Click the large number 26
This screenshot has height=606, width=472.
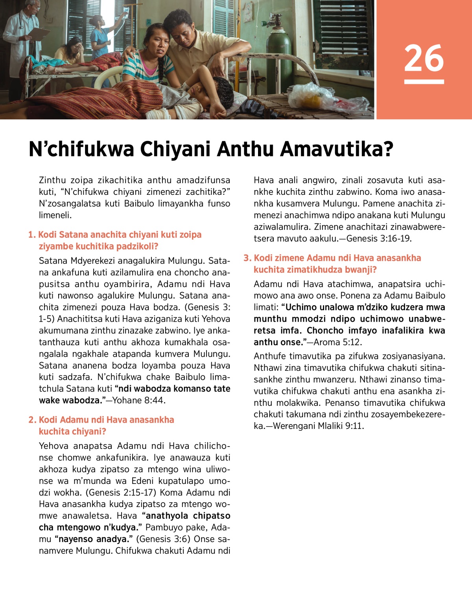tap(424, 58)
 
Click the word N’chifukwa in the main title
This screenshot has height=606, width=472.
tap(81, 149)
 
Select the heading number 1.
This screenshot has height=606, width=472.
tap(31, 235)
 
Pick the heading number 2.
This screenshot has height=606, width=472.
tap(32, 420)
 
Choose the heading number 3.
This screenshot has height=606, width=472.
tap(247, 258)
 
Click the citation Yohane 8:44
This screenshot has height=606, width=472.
tap(139, 401)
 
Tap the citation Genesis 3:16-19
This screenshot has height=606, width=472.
tap(379, 238)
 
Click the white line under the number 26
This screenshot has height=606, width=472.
tap(424, 82)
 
